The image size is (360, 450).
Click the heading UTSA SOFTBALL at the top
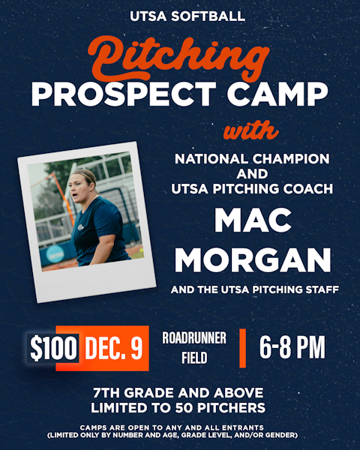click(x=180, y=15)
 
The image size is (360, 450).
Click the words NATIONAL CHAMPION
click(x=252, y=160)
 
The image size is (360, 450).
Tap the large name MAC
click(x=252, y=220)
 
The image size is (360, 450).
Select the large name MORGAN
click(x=252, y=259)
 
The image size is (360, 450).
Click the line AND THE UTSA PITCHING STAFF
click(x=252, y=289)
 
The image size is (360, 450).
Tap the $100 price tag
click(x=53, y=349)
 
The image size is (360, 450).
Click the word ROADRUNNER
click(x=194, y=338)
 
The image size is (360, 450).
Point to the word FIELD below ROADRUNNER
click(x=194, y=359)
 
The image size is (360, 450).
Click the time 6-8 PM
click(x=292, y=348)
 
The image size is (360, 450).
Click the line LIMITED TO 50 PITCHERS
click(x=180, y=408)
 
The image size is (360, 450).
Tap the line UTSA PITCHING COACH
click(x=252, y=189)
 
